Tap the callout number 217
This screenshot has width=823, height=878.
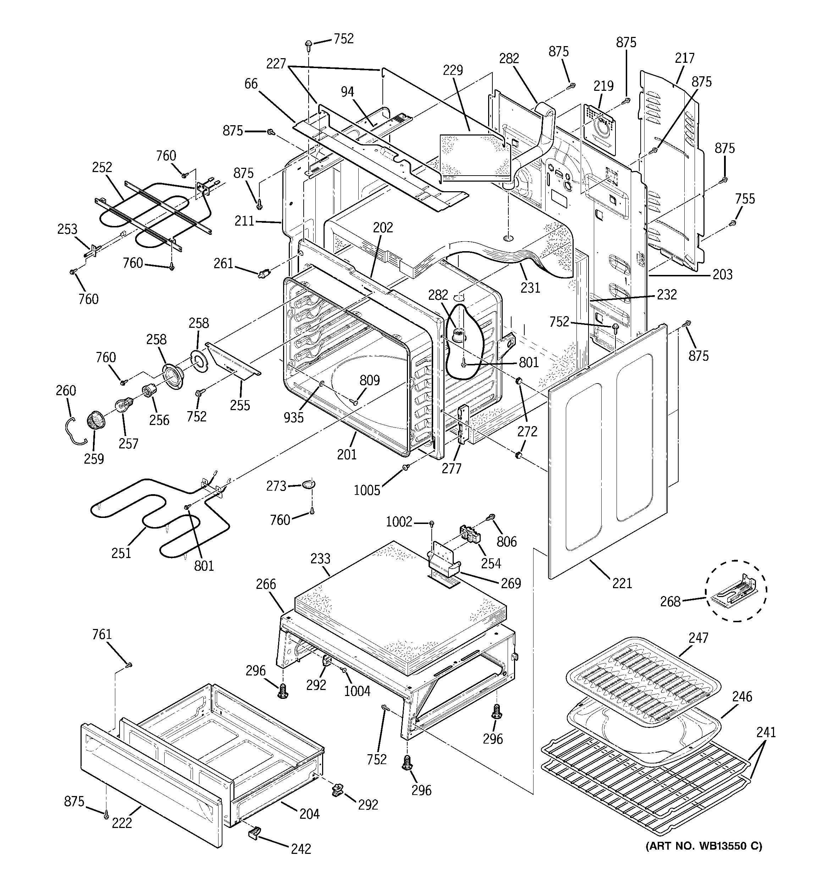click(x=684, y=58)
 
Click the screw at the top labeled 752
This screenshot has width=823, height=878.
click(x=309, y=44)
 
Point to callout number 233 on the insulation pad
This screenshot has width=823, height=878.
click(x=320, y=559)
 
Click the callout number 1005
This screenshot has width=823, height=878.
click(x=367, y=490)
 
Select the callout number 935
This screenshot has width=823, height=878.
click(x=294, y=417)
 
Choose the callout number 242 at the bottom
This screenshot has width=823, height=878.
click(x=300, y=849)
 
